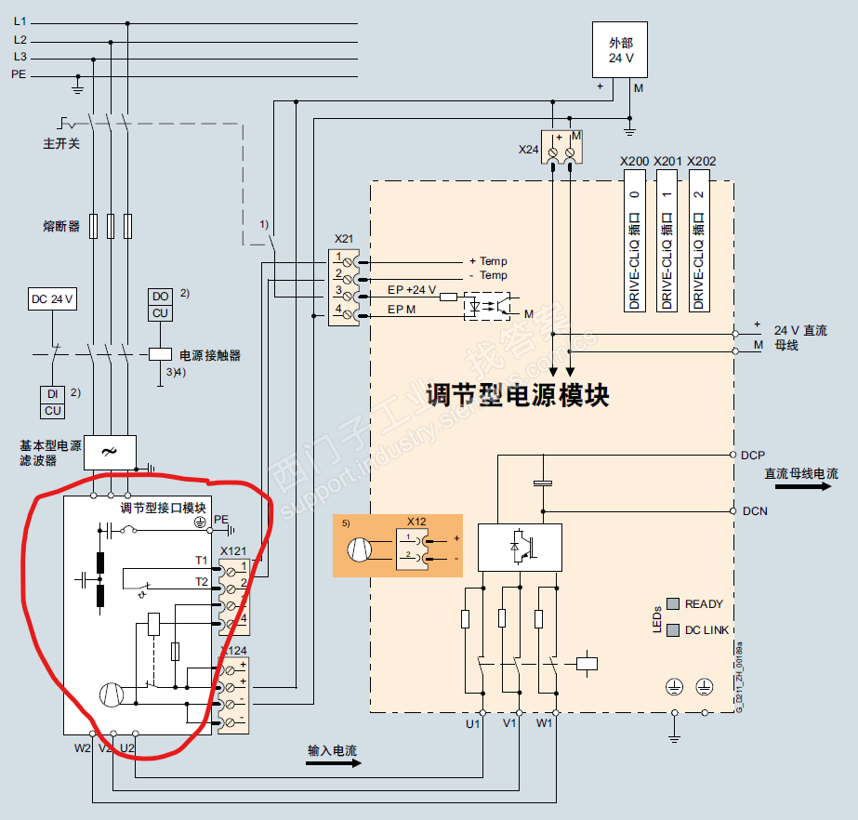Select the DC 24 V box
point(53,299)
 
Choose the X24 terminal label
point(528,149)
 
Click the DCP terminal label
point(753,456)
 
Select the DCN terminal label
point(754,511)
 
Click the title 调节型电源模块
point(517,395)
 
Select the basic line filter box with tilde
point(110,451)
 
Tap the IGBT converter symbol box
point(519,547)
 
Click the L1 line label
point(20,20)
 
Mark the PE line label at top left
point(19,73)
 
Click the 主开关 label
point(61,145)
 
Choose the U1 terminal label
point(472,721)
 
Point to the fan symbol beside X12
point(361,549)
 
